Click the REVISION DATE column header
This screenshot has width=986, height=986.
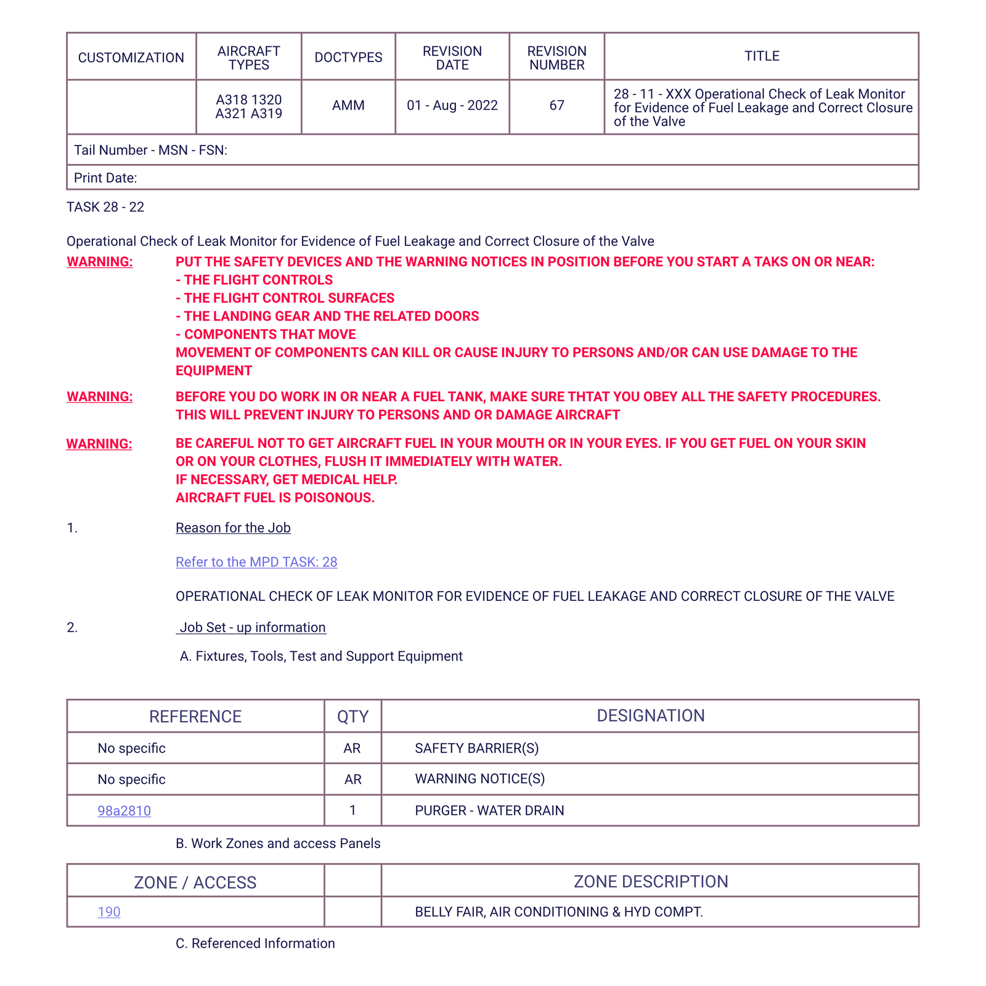click(x=452, y=58)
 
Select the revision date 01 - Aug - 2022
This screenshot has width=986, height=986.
click(x=452, y=105)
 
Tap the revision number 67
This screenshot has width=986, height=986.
click(x=556, y=105)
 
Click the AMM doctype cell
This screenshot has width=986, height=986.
click(x=348, y=105)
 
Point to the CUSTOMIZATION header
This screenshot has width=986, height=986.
click(x=131, y=58)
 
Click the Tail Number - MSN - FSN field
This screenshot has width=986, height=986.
click(x=150, y=150)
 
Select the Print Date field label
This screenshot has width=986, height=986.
click(x=105, y=178)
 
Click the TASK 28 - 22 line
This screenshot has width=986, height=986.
click(x=105, y=207)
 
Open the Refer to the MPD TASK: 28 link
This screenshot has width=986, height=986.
click(x=256, y=562)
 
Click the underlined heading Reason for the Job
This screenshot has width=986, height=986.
click(x=233, y=528)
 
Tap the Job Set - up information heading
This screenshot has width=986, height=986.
click(x=252, y=627)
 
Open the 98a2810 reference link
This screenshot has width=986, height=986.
click(x=124, y=810)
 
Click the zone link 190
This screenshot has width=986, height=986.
click(x=109, y=912)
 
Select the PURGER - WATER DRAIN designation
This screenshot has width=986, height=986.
click(x=489, y=810)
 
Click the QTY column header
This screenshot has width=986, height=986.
click(x=352, y=716)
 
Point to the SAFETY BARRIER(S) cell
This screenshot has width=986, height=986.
click(x=476, y=748)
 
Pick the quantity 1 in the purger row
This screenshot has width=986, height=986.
click(x=352, y=810)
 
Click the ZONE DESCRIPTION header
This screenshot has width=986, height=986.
click(x=650, y=881)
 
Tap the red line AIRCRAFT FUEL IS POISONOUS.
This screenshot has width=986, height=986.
click(x=275, y=498)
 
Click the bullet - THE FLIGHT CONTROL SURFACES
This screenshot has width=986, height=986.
click(x=285, y=298)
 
